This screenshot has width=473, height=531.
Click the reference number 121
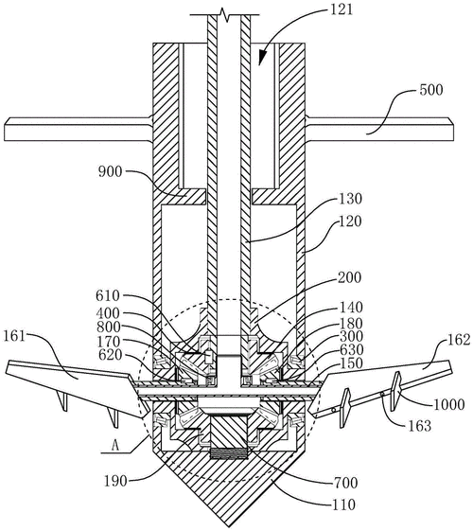[x=342, y=9]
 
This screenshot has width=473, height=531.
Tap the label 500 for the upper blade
[x=430, y=90]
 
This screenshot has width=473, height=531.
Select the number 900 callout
[x=110, y=172]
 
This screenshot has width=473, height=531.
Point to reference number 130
[x=351, y=199]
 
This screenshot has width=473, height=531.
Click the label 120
[x=351, y=221]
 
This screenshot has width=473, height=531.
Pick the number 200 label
[x=350, y=277]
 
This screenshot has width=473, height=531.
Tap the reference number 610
[x=108, y=296]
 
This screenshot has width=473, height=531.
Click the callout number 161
[x=14, y=336]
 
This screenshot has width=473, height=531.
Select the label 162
[x=459, y=340]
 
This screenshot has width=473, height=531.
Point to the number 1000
[x=449, y=404]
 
